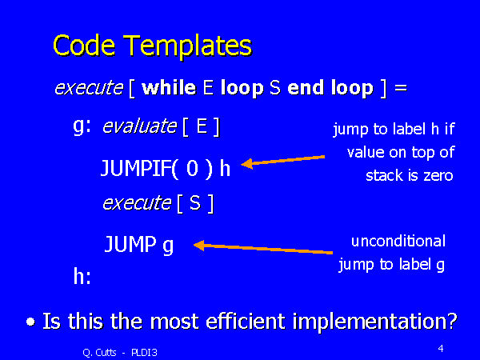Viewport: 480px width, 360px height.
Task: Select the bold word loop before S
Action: [242, 88]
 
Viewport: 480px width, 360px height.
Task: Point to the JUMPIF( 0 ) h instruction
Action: [166, 168]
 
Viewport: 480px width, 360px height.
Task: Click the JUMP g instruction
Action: [139, 245]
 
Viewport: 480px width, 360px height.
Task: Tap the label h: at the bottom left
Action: [82, 277]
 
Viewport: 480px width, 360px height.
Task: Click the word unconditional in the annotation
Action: [398, 241]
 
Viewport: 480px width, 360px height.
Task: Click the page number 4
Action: [441, 348]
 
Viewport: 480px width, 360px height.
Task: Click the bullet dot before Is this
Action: [30, 322]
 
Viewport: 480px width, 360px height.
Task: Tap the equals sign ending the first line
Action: [401, 89]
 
